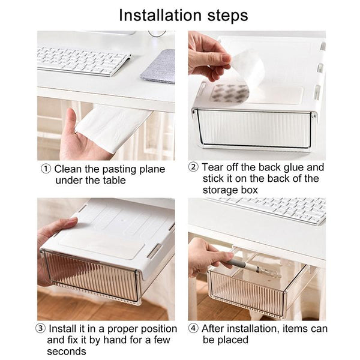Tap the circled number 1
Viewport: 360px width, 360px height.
click(x=46, y=169)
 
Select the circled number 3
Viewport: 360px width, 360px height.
click(x=41, y=329)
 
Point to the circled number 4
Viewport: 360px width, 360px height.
click(x=193, y=329)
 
